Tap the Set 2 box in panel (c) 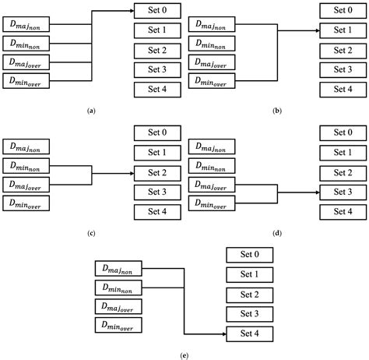157,173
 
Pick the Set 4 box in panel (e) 250,334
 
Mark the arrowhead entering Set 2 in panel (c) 129,173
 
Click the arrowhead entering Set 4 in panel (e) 222,334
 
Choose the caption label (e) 184,355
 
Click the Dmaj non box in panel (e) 119,269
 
